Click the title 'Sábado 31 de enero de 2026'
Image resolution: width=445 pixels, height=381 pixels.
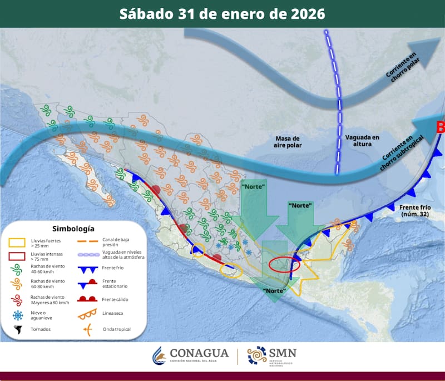coord(222,13)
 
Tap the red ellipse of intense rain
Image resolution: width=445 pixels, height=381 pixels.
coord(284,264)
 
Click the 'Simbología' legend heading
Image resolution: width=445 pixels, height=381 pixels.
coord(73,228)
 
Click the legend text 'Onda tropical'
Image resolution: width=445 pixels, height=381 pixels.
coord(117,329)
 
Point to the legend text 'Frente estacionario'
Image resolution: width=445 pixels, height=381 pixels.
coord(116,283)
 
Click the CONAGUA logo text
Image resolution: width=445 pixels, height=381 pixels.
coord(199,354)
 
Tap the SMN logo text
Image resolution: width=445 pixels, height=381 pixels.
coord(282,353)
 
